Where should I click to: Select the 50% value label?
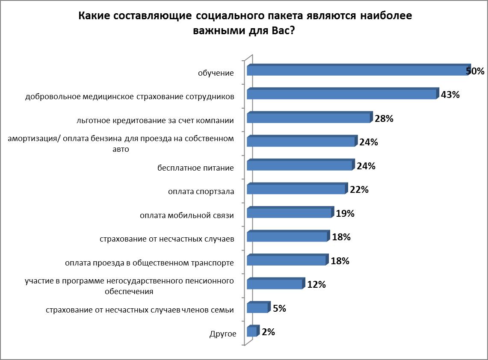pos(475,71)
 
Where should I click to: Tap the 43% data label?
pos(450,95)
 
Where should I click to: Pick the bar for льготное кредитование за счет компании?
pos(308,118)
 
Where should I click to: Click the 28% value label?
pos(384,119)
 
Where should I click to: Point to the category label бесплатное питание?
pos(195,168)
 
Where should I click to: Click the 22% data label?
pos(359,190)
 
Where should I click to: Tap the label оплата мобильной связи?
pos(187,215)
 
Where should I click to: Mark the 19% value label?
pos(345,213)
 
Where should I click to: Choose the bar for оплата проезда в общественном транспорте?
pos(287,260)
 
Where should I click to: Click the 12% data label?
pos(316,284)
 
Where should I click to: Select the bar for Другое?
pos(252,332)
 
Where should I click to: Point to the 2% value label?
pos(268,331)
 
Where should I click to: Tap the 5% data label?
pos(279,308)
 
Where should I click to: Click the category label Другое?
pos(223,333)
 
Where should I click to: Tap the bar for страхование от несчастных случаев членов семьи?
pos(257,308)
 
